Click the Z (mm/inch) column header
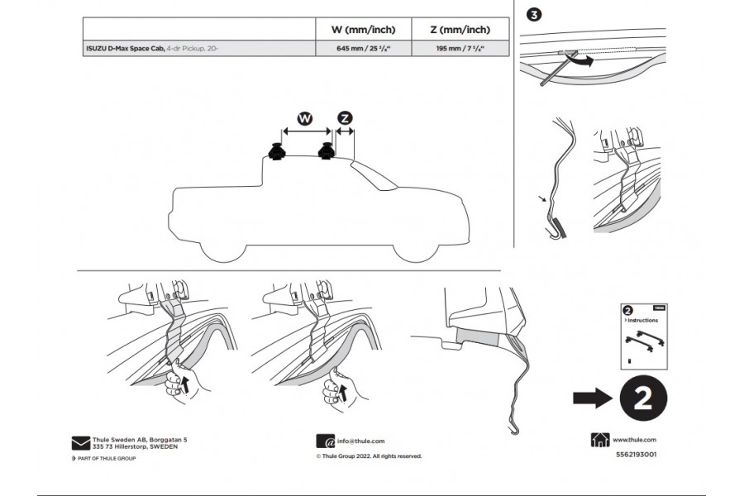pos(458,30)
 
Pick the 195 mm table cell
pos(458,50)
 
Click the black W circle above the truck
pos(305,118)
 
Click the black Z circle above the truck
pos(346,118)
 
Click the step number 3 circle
pos(535,14)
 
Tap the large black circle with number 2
pos(639,398)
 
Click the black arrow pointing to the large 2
pos(591,398)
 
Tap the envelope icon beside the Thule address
pos(80,441)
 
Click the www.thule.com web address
pos(635,441)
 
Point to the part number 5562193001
pos(637,455)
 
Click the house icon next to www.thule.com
pos(600,441)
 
